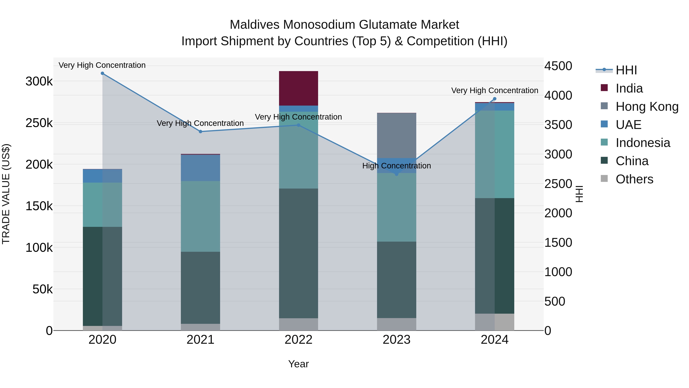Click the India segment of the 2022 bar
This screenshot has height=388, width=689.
coord(299,88)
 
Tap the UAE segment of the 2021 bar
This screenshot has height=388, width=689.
coord(200,168)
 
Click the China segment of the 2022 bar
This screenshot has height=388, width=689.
coord(299,253)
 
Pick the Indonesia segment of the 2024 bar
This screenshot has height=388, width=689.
coord(495,154)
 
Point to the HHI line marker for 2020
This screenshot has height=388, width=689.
coord(102,73)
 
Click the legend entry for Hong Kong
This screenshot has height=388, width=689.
coord(647,106)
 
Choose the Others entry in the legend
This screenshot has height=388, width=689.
coord(634,179)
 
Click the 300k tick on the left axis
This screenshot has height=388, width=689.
coord(39,81)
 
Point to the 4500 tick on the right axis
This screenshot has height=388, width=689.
coord(558,66)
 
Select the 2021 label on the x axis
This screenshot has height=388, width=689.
coord(200,340)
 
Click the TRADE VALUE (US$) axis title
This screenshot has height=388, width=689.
coord(6,194)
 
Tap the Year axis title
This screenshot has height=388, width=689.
coord(299,364)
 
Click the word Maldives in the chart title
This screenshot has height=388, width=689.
coord(254,25)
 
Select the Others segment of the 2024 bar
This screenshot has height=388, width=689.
coord(495,322)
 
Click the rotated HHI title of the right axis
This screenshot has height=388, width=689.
coord(579,194)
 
